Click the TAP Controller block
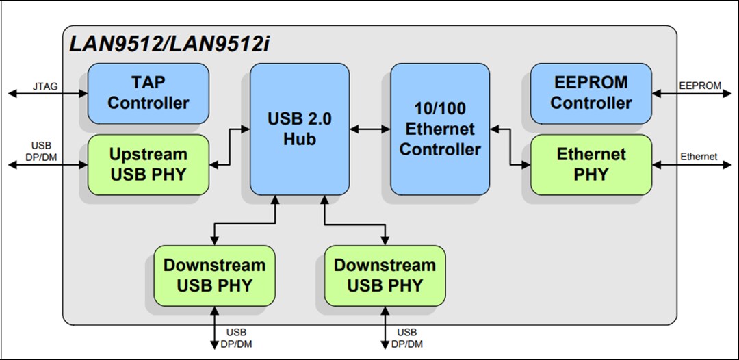(148, 93)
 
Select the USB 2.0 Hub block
(299, 129)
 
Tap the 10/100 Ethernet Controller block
(440, 129)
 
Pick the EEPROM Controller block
(591, 93)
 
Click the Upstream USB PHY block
(148, 164)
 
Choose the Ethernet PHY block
(591, 164)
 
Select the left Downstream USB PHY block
(213, 275)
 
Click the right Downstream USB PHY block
(385, 275)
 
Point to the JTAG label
(45, 86)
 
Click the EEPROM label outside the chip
(699, 86)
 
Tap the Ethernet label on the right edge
(699, 157)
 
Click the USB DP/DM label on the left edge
(41, 151)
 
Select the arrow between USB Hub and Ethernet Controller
(369, 128)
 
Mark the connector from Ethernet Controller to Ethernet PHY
(510, 146)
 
